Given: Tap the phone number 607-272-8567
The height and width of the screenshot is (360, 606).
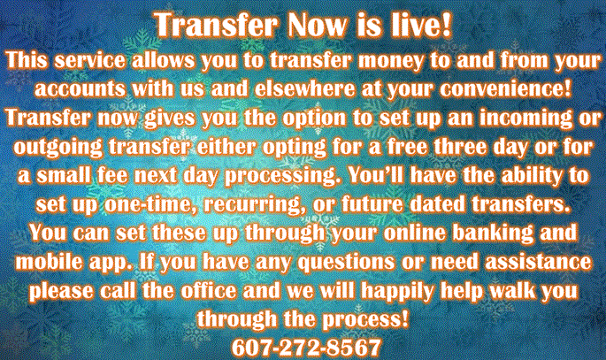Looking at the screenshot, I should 303,344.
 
